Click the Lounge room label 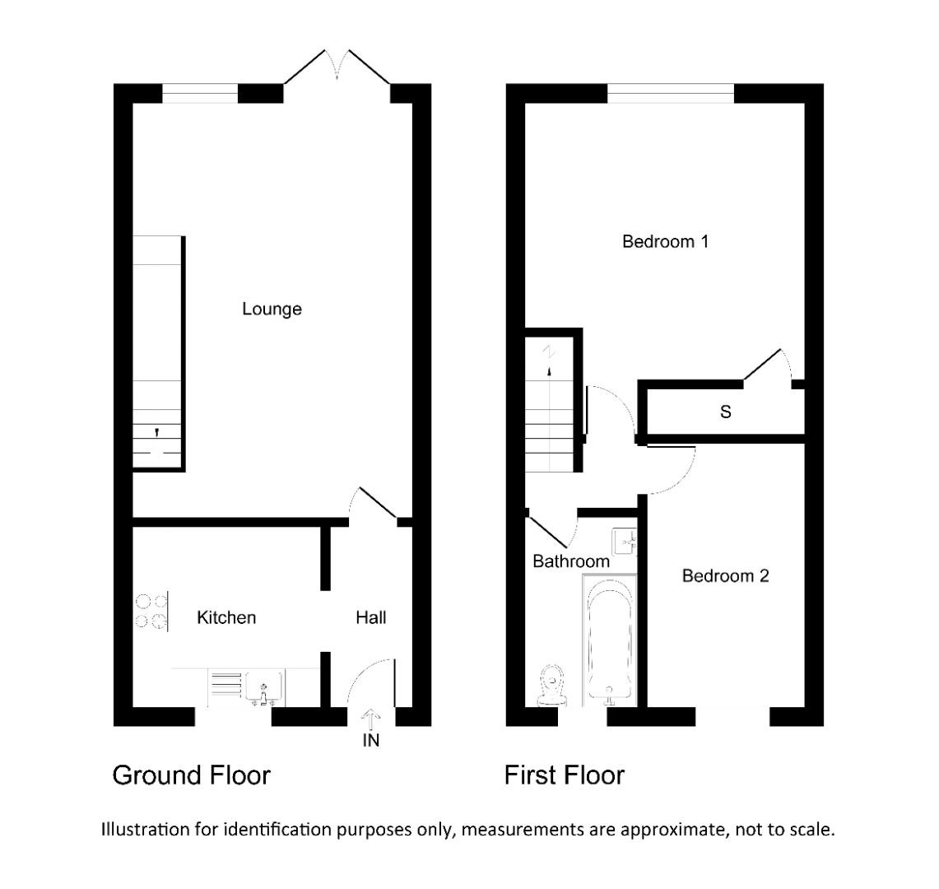pyautogui.click(x=272, y=309)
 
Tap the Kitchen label pyautogui.click(x=226, y=617)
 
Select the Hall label pyautogui.click(x=370, y=617)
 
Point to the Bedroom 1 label pyautogui.click(x=665, y=242)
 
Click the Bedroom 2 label pyautogui.click(x=725, y=576)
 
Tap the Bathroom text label pyautogui.click(x=571, y=561)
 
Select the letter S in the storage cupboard pyautogui.click(x=725, y=412)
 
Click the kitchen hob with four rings pyautogui.click(x=151, y=612)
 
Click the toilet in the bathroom pyautogui.click(x=552, y=686)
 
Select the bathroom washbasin pyautogui.click(x=625, y=542)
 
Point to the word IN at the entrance pyautogui.click(x=370, y=741)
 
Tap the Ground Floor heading pyautogui.click(x=191, y=775)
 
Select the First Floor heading pyautogui.click(x=565, y=775)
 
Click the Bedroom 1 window pyautogui.click(x=671, y=93)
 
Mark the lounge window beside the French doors pyautogui.click(x=200, y=93)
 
